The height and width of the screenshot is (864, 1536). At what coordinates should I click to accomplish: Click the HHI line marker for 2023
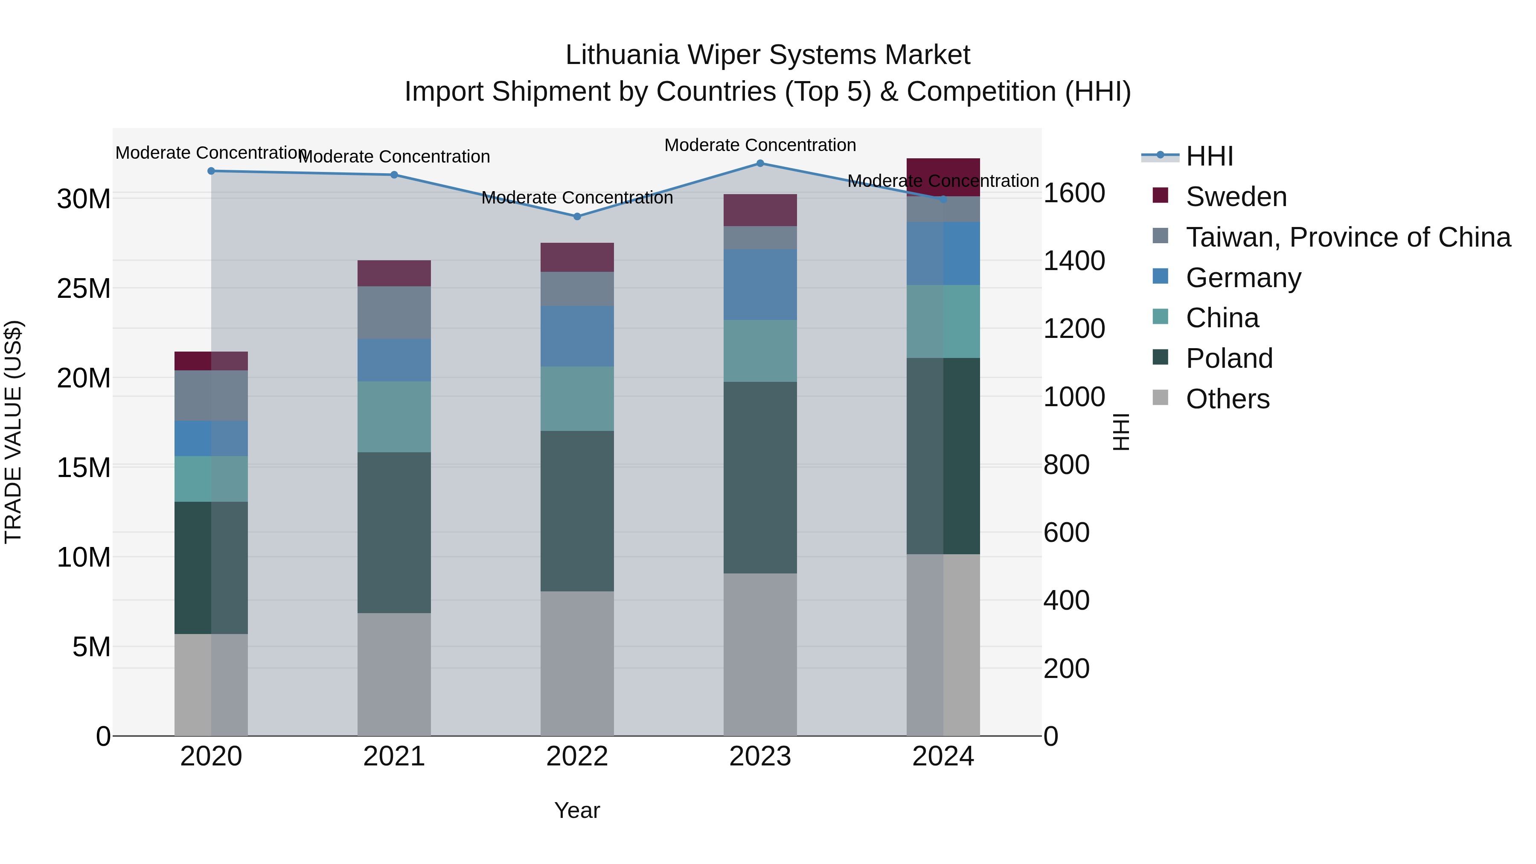[759, 163]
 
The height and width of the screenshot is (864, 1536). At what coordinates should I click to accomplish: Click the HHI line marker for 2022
[576, 216]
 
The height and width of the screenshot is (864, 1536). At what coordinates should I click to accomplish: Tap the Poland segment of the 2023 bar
[759, 477]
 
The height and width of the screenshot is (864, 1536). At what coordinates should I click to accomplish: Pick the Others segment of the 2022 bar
[576, 663]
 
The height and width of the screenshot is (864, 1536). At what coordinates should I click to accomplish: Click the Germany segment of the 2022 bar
[576, 336]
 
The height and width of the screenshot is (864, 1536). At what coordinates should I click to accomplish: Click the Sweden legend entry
[1236, 197]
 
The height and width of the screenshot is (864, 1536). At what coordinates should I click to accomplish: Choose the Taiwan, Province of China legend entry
[1347, 237]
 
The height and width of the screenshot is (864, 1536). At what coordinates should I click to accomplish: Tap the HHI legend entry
[1209, 156]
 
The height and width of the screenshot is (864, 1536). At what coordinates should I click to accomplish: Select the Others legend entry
[1227, 399]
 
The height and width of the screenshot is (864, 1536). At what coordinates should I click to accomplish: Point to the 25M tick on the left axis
[84, 288]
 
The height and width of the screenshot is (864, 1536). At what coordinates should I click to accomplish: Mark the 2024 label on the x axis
[943, 756]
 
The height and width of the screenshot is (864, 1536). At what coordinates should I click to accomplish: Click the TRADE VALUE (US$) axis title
[13, 432]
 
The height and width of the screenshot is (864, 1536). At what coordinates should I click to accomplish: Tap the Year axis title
[576, 810]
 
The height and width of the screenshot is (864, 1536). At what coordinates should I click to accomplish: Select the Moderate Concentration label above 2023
[759, 145]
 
